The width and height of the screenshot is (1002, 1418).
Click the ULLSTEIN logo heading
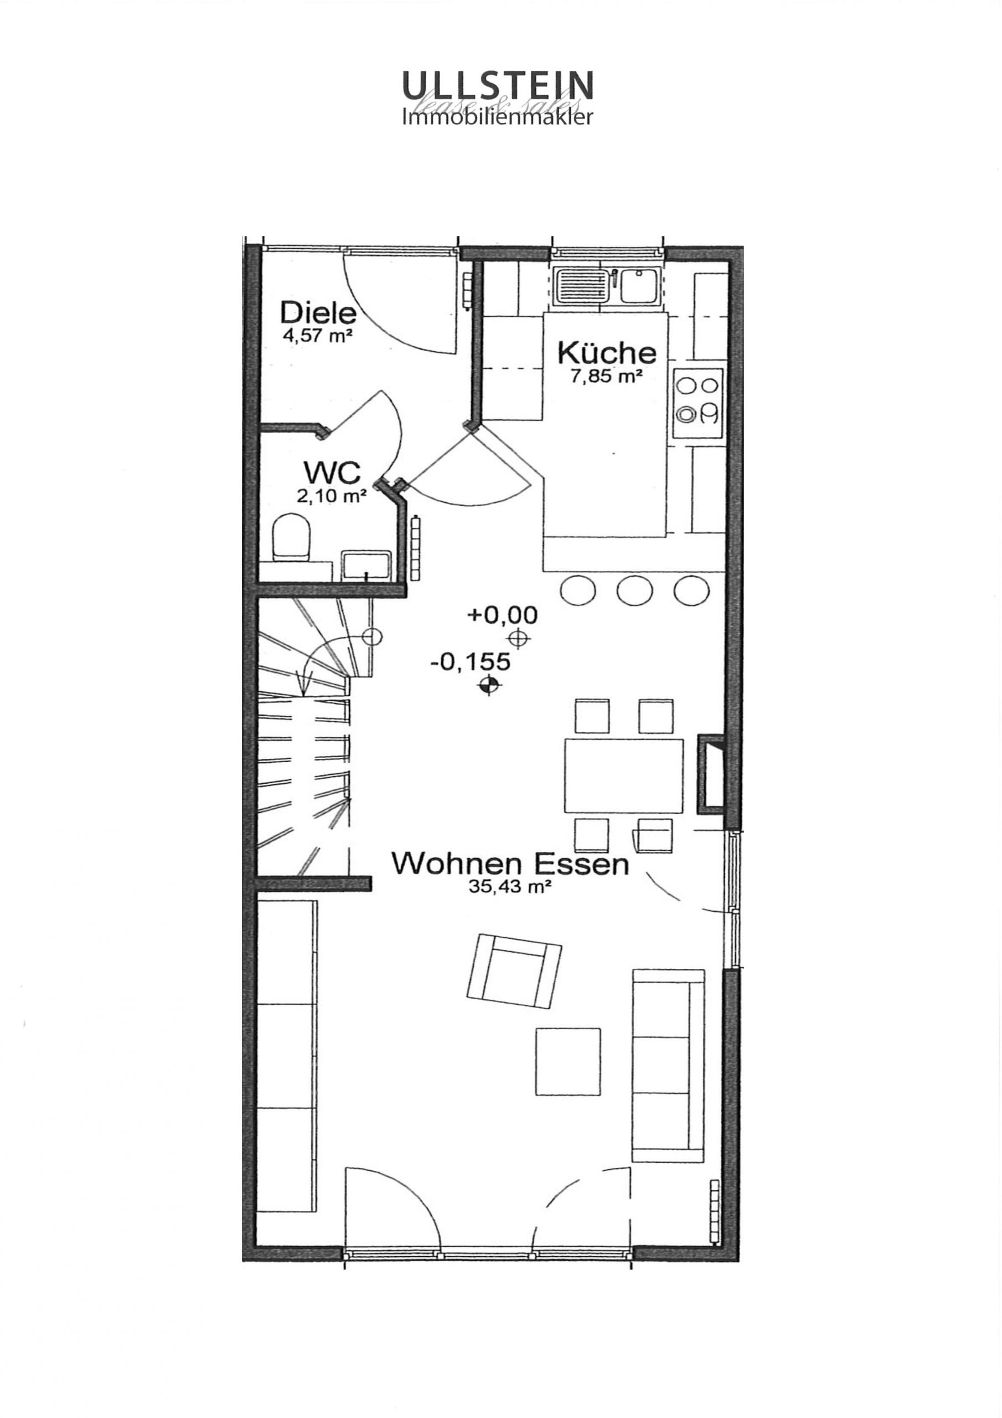click(x=498, y=85)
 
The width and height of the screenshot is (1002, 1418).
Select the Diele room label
click(x=318, y=313)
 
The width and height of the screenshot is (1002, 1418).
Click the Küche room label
click(x=606, y=353)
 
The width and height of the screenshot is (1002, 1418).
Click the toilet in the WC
click(x=291, y=538)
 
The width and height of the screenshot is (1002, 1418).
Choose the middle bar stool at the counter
click(x=634, y=590)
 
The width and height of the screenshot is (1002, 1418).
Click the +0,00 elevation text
click(x=503, y=615)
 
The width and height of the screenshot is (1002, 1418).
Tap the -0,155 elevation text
click(x=471, y=662)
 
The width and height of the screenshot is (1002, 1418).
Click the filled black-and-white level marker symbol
click(x=489, y=685)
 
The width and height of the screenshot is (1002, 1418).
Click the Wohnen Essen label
click(x=510, y=864)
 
